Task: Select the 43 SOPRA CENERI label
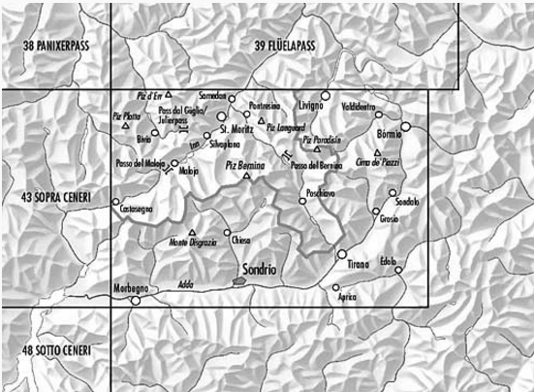click(55, 198)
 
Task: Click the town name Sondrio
click(259, 268)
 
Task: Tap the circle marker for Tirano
click(341, 254)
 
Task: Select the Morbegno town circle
click(136, 300)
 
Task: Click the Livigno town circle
click(327, 95)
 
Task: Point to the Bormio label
click(389, 133)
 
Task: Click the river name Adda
click(186, 284)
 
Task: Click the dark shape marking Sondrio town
click(238, 281)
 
